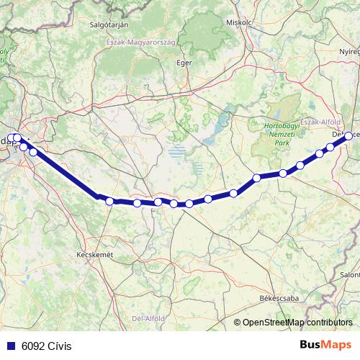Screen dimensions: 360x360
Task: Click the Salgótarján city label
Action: (x=108, y=24)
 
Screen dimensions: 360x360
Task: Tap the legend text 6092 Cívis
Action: (x=47, y=345)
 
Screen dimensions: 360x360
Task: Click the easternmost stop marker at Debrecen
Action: (x=348, y=135)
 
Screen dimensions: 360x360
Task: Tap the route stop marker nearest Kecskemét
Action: (x=109, y=202)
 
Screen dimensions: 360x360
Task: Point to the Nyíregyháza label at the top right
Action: (x=349, y=53)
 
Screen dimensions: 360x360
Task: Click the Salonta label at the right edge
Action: (x=351, y=275)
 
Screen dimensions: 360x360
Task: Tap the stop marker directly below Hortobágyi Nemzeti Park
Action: (x=283, y=173)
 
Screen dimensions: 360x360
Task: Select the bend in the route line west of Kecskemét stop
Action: (x=97, y=195)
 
